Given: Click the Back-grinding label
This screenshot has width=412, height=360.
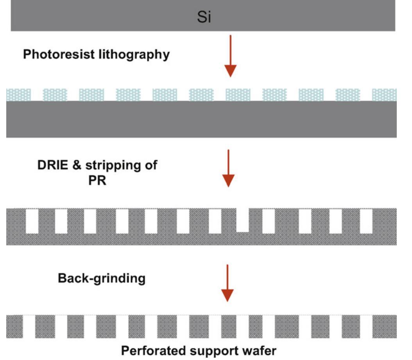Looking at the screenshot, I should pos(102,278).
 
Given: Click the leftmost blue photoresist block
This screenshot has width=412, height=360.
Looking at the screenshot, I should pos(18,95).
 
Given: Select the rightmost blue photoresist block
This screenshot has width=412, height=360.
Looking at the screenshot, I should pos(384,95).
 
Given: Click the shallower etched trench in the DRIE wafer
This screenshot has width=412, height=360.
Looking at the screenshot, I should pos(243,220).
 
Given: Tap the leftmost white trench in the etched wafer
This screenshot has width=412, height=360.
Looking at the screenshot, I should pos(32,221).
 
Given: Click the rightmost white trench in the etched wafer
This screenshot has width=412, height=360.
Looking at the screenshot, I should pos(366,221).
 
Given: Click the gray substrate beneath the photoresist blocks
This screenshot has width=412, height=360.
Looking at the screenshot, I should pos(201,119).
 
